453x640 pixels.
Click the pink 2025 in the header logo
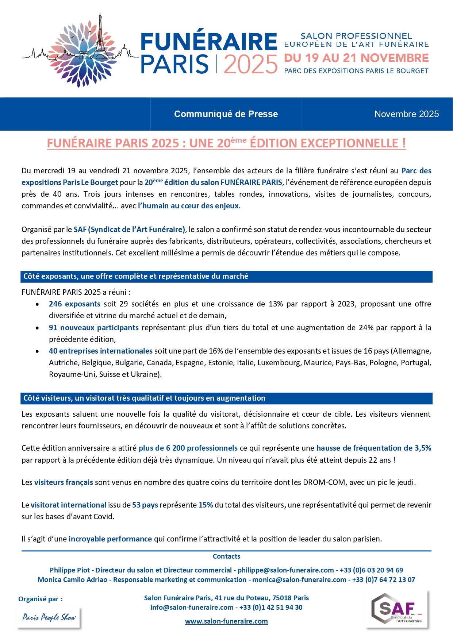[250, 65]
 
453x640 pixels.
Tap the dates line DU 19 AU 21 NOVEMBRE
[356, 58]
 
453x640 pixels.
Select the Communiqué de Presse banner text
[226, 114]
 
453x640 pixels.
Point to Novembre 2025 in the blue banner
[406, 114]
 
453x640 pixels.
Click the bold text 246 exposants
[74, 304]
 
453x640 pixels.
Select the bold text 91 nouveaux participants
[93, 328]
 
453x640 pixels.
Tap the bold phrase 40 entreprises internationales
[100, 351]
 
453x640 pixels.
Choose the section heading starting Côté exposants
[135, 277]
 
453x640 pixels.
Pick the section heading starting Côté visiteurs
[144, 398]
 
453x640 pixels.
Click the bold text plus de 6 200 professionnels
[188, 448]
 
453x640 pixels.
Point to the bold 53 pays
[145, 505]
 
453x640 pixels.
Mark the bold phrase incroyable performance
[110, 539]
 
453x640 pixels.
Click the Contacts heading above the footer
[226, 556]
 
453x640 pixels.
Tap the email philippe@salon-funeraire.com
[285, 570]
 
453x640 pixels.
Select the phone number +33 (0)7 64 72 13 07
[383, 580]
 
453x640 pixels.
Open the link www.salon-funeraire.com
[226, 621]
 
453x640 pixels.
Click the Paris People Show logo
[49, 617]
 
